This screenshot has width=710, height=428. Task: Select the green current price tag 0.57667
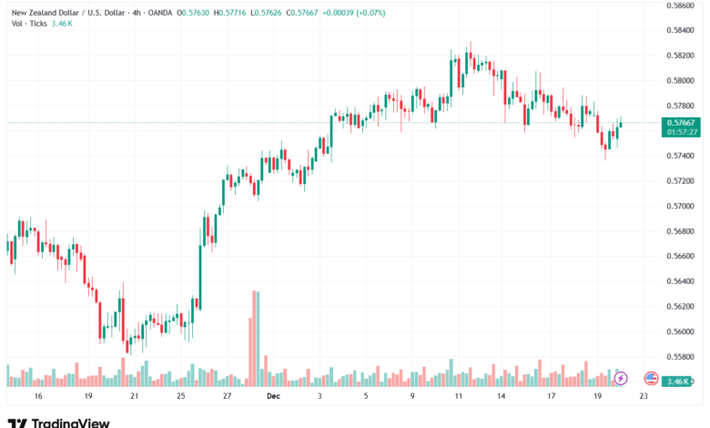682,122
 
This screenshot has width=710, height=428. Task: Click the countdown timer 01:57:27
682,132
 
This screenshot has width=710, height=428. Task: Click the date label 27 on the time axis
227,397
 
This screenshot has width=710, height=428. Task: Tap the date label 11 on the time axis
459,397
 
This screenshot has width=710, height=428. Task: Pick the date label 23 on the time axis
644,397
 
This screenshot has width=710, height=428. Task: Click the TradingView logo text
70,423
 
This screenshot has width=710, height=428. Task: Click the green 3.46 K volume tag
682,381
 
